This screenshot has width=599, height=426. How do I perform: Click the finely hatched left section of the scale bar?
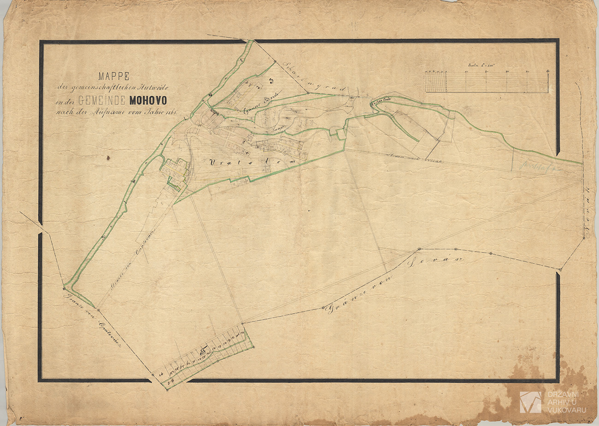(x=435, y=82)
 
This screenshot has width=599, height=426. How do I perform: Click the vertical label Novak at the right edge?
(x=586, y=221)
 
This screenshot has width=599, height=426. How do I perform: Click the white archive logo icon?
(x=530, y=402)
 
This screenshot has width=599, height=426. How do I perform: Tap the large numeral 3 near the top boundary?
(x=271, y=82)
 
